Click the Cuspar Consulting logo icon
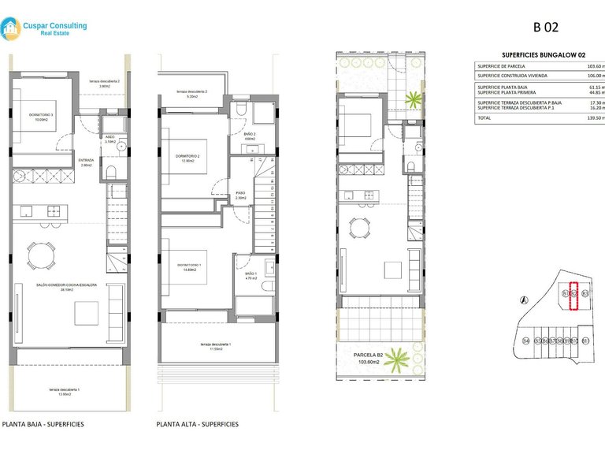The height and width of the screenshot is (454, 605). coord(11,30)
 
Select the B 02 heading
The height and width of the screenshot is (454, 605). coord(545,27)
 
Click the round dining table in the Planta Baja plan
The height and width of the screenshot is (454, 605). coord(40,254)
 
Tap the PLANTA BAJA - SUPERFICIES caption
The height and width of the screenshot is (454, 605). coord(43,424)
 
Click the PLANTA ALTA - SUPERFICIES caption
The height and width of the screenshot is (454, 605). coord(197,424)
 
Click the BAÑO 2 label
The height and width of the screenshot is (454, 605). coord(250,135)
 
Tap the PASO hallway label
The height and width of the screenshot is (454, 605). coord(241,195)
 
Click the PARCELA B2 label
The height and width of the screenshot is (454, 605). coord(368,355)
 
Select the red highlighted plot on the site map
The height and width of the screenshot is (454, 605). coord(574,297)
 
